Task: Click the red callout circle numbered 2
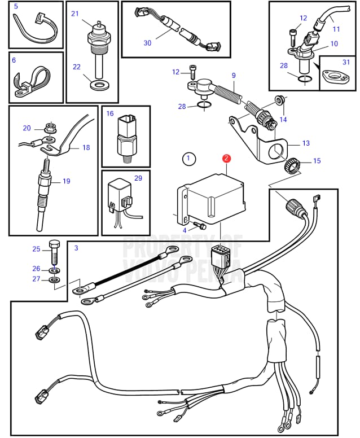coord(226,159)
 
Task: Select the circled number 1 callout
coord(188,159)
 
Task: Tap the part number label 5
coord(15,7)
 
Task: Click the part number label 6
coord(14,60)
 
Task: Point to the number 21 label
coord(75,13)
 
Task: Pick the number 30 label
coord(147,43)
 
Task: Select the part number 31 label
coord(346,62)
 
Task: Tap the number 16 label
coord(110,113)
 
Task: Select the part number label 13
coord(306,143)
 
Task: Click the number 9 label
coord(233,76)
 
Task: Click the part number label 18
coord(86,147)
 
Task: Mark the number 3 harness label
coord(76,248)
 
